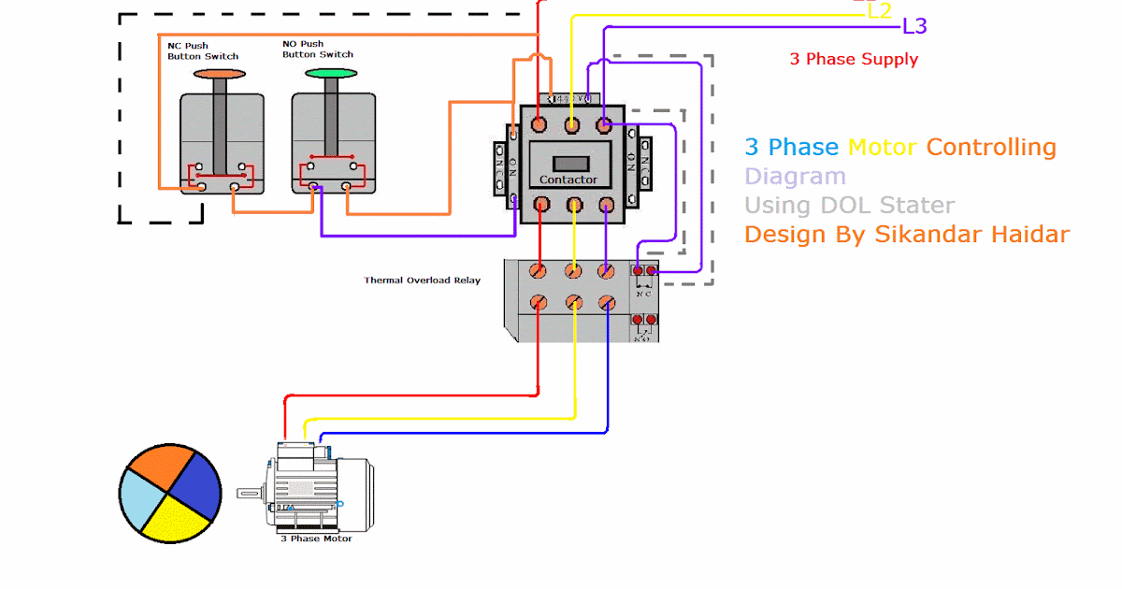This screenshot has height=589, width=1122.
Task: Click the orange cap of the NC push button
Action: pyautogui.click(x=220, y=73)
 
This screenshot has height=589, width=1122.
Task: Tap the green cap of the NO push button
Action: pyautogui.click(x=331, y=73)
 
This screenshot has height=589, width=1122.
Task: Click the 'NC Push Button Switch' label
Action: pyautogui.click(x=202, y=50)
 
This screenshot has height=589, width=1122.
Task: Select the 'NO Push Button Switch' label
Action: pyautogui.click(x=317, y=49)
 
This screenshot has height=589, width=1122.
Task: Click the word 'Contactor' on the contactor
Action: pyautogui.click(x=568, y=180)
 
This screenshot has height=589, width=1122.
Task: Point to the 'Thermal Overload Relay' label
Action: pyautogui.click(x=422, y=280)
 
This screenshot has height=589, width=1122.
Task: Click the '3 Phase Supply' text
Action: pyautogui.click(x=854, y=60)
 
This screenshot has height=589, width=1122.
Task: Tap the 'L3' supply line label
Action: pyautogui.click(x=914, y=26)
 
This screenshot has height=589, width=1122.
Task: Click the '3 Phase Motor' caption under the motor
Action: pyautogui.click(x=316, y=539)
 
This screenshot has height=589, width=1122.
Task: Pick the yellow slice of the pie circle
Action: pyautogui.click(x=179, y=521)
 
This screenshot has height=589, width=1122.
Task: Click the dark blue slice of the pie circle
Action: pyautogui.click(x=196, y=484)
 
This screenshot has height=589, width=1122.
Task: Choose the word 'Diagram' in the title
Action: pyautogui.click(x=795, y=177)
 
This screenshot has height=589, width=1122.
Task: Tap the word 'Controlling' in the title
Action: pyautogui.click(x=991, y=148)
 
